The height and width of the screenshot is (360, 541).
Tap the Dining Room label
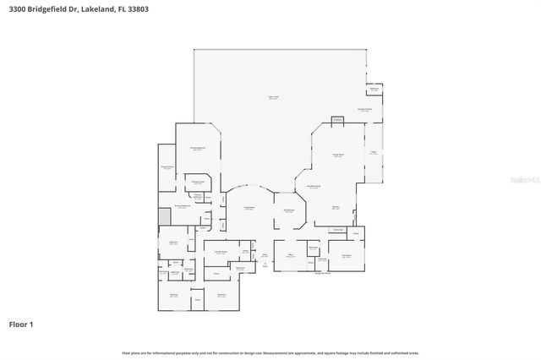click(x=288, y=210)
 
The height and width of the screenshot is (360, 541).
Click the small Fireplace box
click(x=337, y=121)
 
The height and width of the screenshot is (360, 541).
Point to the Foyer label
click(x=264, y=254)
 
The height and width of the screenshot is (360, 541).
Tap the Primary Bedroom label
click(x=199, y=148)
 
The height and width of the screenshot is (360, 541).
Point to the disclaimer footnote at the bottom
click(x=270, y=352)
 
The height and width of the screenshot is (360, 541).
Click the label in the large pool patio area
click(x=273, y=98)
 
